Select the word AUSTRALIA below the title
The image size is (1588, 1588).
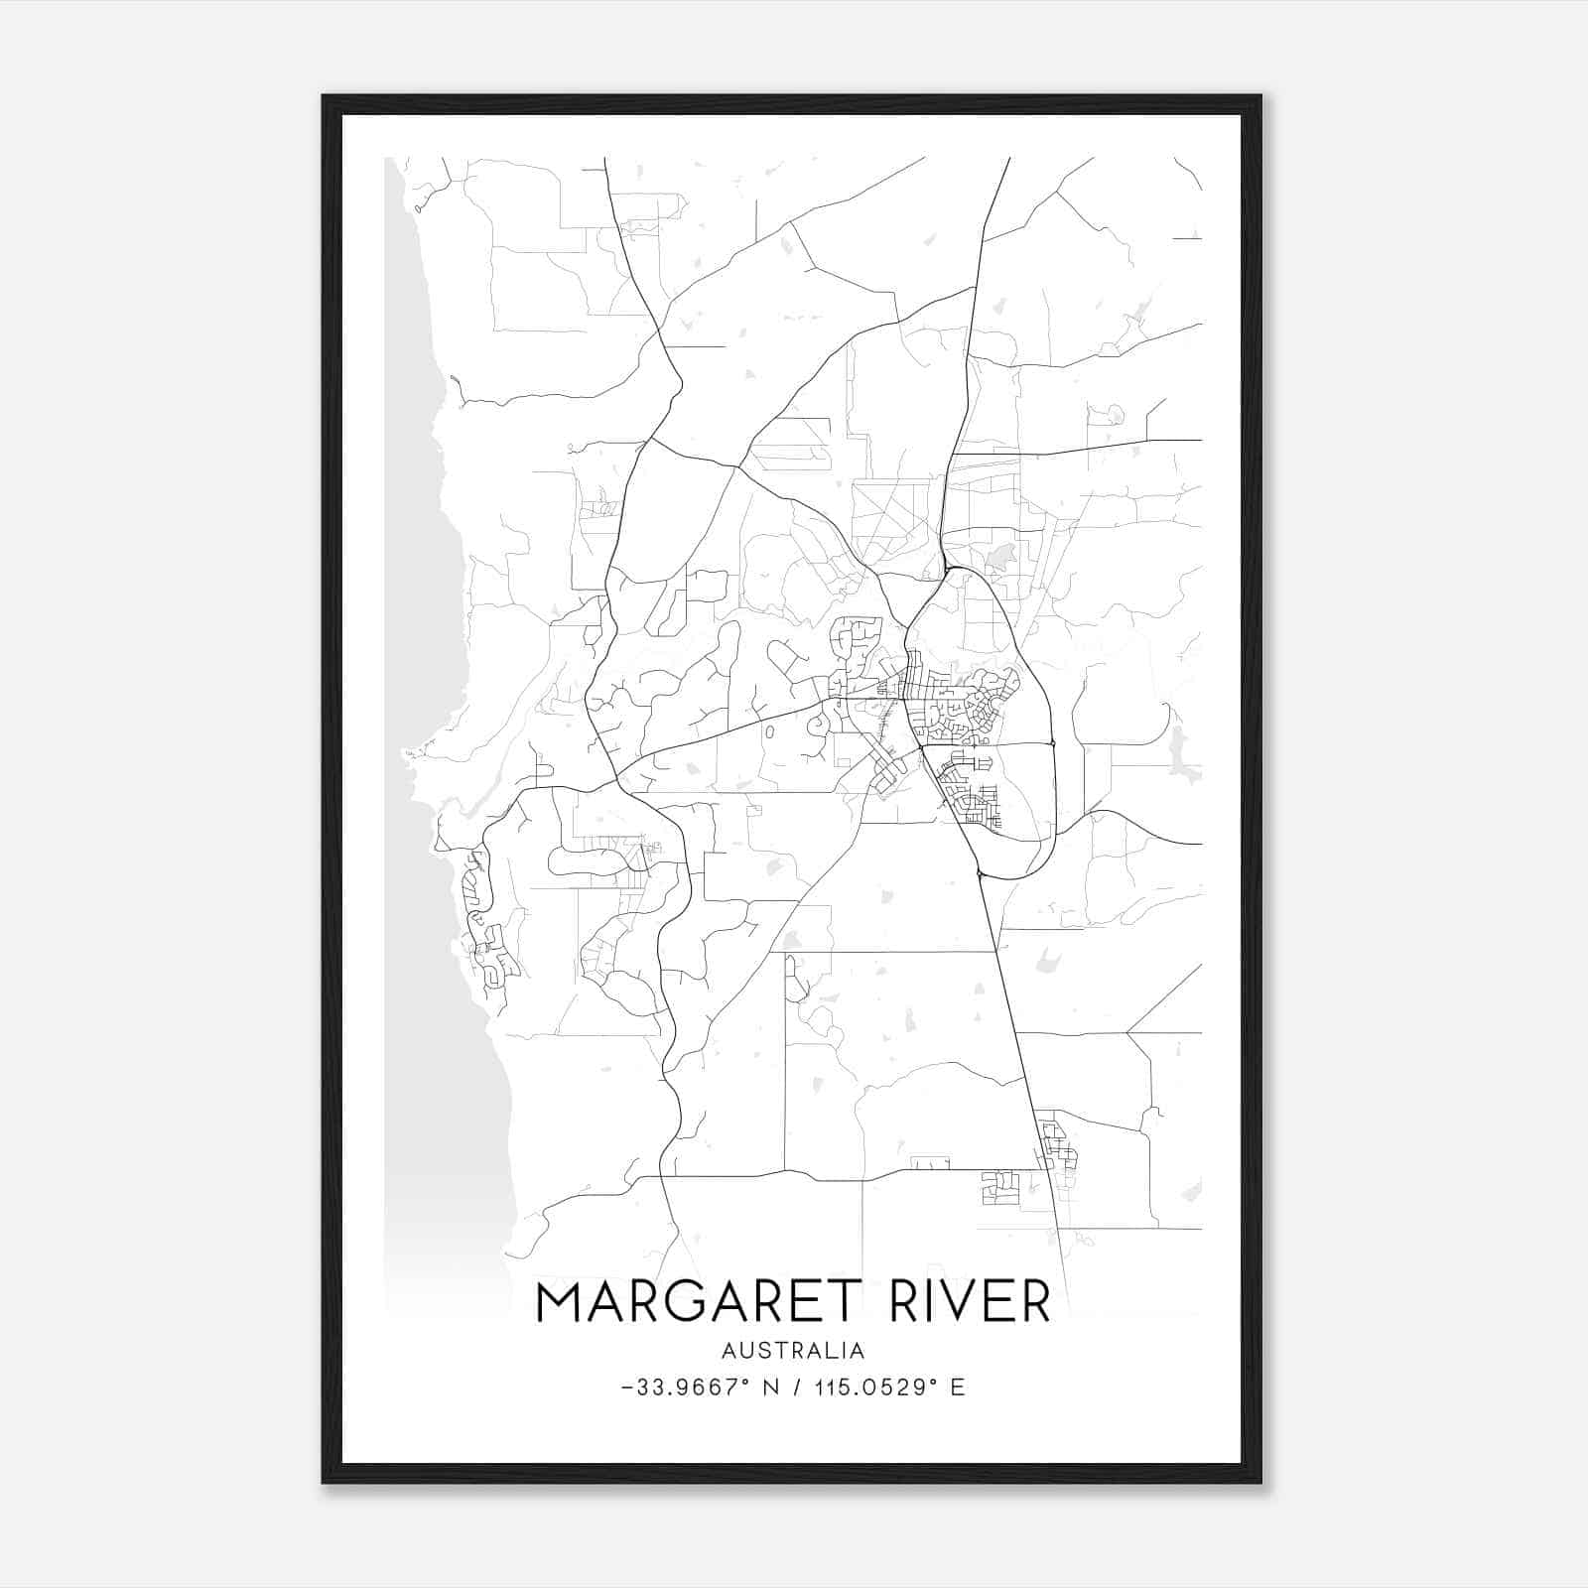(793, 1350)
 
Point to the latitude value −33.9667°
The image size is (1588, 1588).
(687, 1388)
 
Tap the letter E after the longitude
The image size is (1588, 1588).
(957, 1388)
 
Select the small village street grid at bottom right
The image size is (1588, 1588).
(1054, 1146)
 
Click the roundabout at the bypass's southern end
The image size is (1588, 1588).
(980, 872)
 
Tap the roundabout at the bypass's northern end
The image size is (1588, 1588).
(947, 570)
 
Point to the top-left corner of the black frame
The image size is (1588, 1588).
(324, 96)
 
